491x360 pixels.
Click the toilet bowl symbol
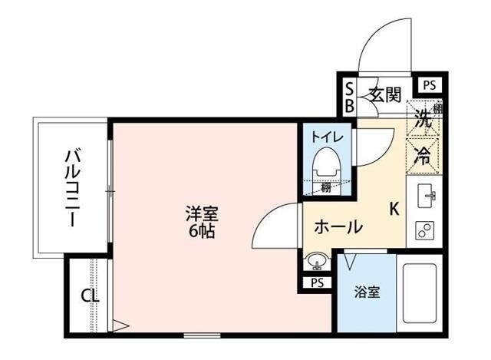click(x=325, y=163)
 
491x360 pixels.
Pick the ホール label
click(x=338, y=226)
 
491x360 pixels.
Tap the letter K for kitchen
click(x=394, y=207)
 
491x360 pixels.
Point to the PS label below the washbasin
click(x=318, y=282)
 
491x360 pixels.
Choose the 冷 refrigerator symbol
click(x=423, y=154)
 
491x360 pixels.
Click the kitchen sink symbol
click(x=426, y=197)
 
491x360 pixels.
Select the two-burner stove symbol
click(x=425, y=228)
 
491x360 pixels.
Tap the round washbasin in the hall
click(x=315, y=262)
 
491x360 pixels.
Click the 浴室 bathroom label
click(x=366, y=292)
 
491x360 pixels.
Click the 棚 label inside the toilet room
click(x=326, y=187)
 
